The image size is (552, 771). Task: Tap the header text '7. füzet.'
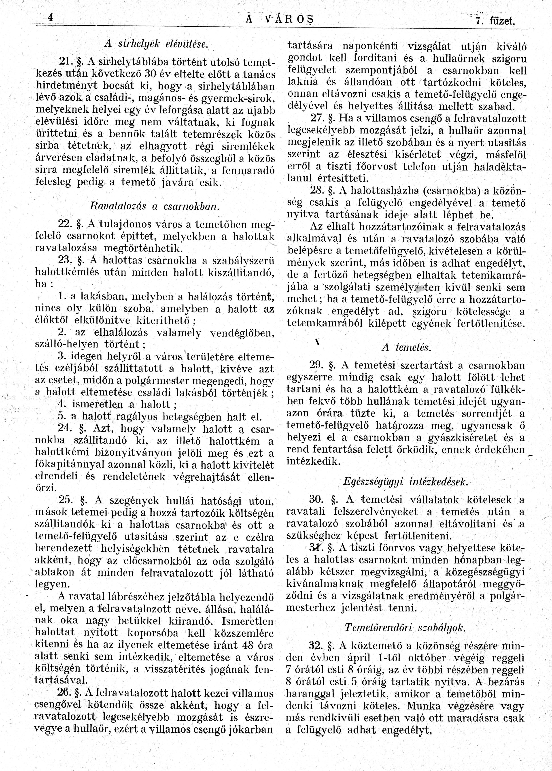click(x=495, y=22)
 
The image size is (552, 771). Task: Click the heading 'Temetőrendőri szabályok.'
click(x=404, y=628)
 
